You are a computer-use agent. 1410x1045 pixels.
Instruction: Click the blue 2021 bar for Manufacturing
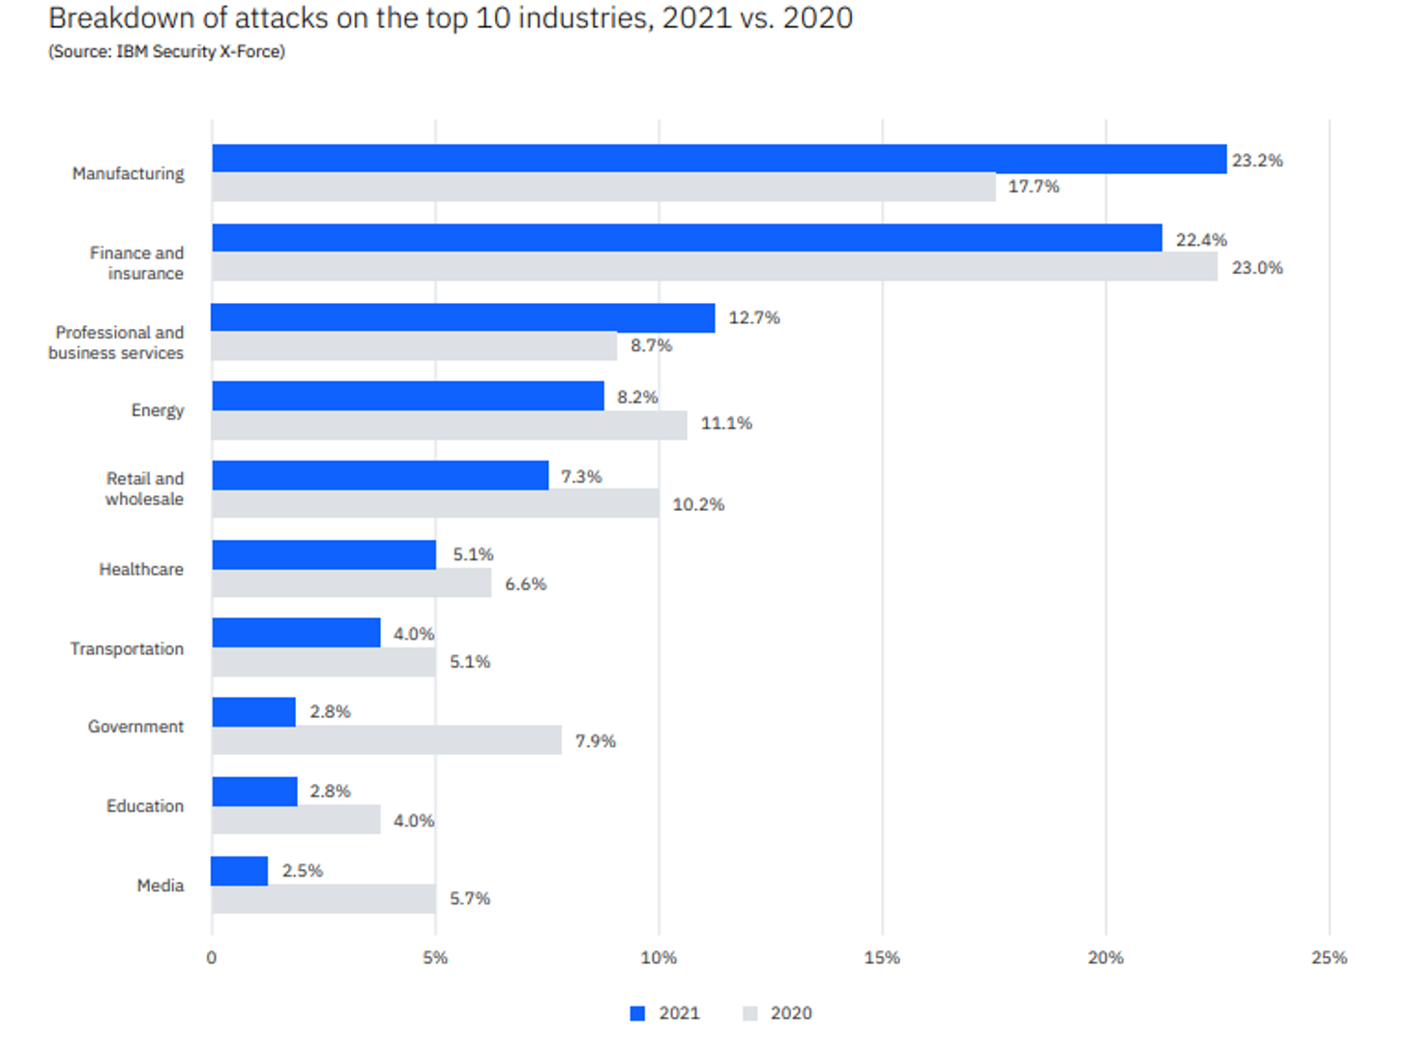tap(719, 159)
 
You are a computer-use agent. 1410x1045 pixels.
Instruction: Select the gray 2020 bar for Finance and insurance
tap(715, 267)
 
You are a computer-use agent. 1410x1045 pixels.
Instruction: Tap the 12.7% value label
tap(753, 317)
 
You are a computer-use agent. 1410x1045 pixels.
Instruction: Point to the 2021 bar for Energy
tap(407, 396)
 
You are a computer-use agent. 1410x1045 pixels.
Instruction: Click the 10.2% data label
tap(698, 504)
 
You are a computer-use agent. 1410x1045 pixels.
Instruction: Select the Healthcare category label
tap(141, 569)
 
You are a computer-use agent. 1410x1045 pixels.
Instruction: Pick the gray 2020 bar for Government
tap(386, 740)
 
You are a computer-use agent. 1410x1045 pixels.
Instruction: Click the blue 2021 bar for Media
tap(240, 871)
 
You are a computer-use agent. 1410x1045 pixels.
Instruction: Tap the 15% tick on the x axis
tap(882, 958)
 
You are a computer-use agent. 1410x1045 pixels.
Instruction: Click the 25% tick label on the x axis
tap(1329, 958)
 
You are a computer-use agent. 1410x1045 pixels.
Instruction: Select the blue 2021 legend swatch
tap(637, 1013)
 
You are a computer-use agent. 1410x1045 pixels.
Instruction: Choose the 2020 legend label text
tap(791, 1013)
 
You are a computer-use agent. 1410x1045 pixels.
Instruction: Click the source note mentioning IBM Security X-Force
tap(166, 51)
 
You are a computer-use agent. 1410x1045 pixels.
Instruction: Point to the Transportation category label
tap(127, 648)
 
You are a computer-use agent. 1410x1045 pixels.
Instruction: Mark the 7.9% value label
tap(595, 741)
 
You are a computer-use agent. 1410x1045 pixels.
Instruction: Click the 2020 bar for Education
tap(296, 820)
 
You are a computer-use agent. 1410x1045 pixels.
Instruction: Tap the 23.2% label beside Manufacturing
tap(1257, 161)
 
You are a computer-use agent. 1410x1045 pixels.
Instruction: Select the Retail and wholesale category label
tap(144, 489)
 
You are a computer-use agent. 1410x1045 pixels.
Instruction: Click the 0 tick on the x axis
tap(212, 958)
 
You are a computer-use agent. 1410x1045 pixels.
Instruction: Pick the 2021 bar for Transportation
tap(296, 633)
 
